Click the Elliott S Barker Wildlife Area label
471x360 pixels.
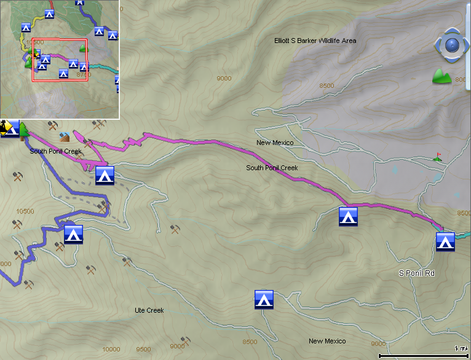click(x=315, y=41)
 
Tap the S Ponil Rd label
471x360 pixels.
click(x=416, y=273)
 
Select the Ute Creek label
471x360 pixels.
click(x=149, y=310)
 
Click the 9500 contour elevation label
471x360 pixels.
click(x=143, y=349)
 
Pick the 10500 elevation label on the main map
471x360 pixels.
click(x=25, y=211)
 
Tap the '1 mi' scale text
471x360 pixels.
click(x=460, y=348)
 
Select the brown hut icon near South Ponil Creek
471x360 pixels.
click(x=65, y=137)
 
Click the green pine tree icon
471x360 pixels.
click(x=24, y=129)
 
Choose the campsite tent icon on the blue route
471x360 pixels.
click(x=73, y=234)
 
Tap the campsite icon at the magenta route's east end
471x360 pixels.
click(x=445, y=241)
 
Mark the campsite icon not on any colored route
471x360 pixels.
click(x=264, y=299)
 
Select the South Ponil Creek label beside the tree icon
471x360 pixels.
click(x=55, y=151)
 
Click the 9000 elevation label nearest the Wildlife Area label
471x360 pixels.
click(x=224, y=78)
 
